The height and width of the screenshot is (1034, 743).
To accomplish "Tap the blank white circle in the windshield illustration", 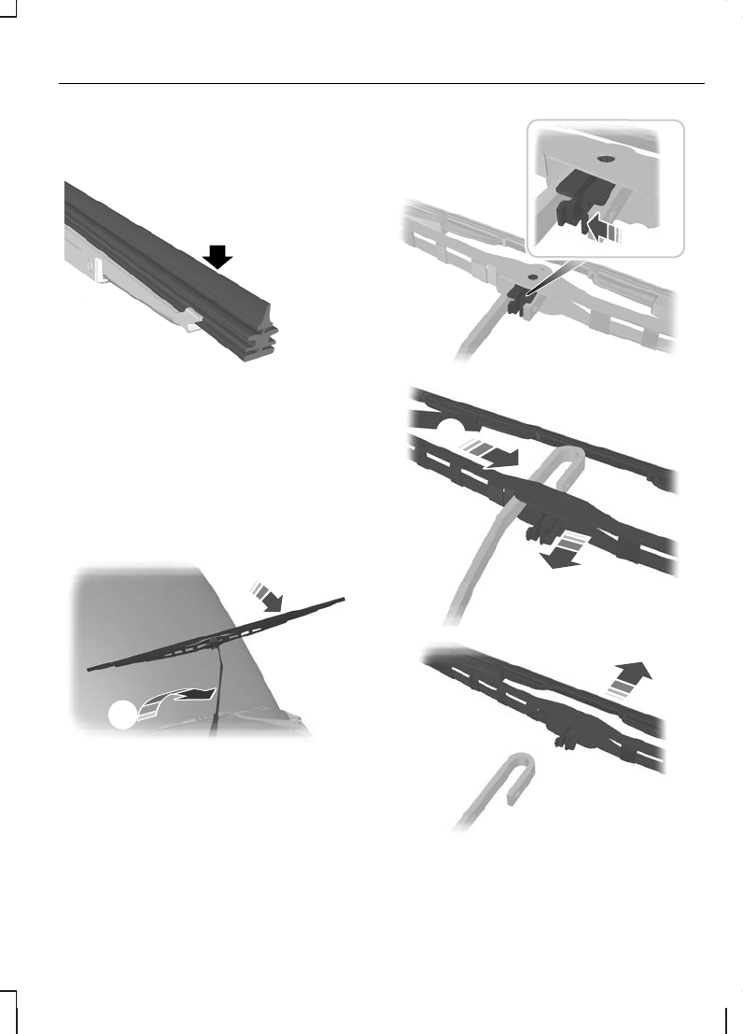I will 122,714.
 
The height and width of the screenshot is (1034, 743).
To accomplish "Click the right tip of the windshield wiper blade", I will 343,599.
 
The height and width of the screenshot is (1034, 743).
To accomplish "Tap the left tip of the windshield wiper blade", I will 91,668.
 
